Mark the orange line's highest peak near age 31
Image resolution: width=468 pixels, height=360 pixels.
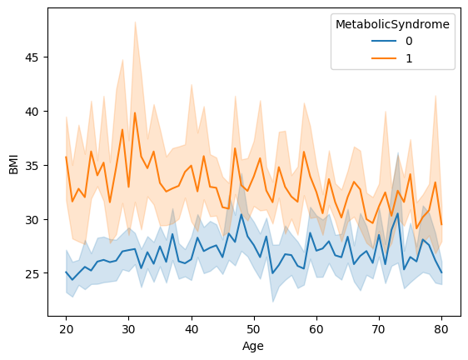pyautogui.click(x=135, y=113)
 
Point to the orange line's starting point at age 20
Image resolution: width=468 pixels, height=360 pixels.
pyautogui.click(x=66, y=157)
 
